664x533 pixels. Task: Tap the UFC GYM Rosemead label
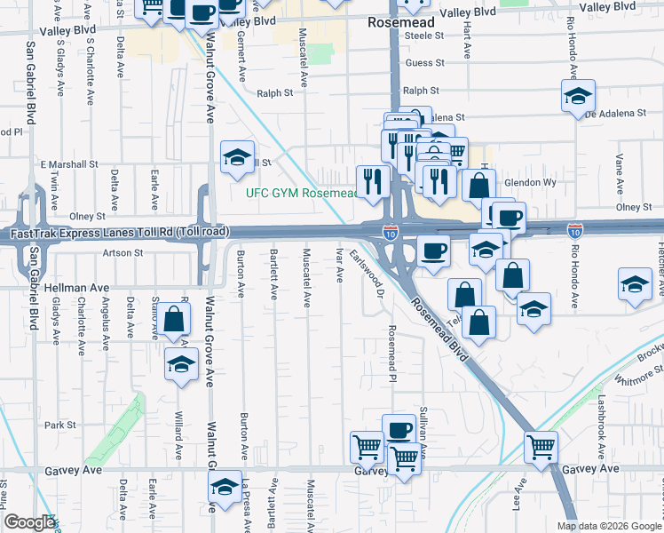301,193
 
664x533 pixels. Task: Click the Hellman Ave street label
74,288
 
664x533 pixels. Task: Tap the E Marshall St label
69,164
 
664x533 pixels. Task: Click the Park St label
61,426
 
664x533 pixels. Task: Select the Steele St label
423,36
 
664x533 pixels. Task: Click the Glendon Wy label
530,182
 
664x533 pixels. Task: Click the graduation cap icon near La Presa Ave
225,487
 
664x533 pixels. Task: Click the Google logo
29,523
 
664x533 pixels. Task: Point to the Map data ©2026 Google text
609,526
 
